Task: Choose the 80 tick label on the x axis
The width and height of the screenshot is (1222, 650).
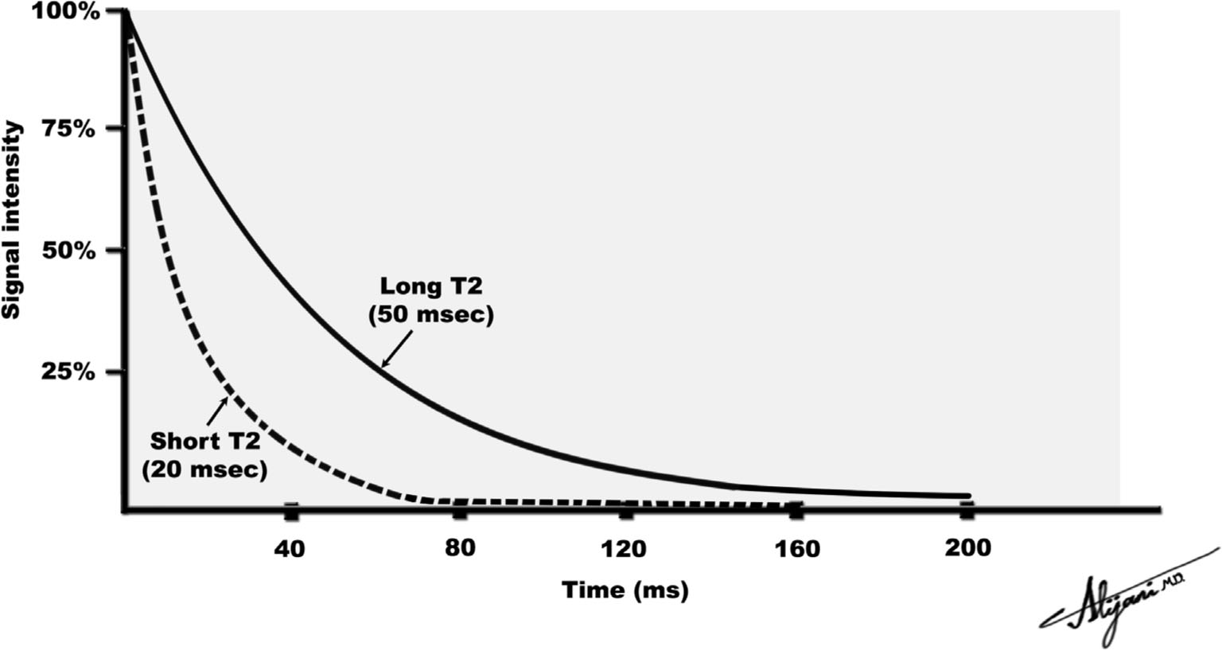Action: coord(460,549)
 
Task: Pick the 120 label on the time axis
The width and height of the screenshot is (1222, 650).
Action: coord(627,549)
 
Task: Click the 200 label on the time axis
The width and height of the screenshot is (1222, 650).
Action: coord(967,549)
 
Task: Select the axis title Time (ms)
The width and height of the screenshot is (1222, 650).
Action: coord(625,590)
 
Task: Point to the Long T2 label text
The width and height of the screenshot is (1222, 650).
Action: coord(430,286)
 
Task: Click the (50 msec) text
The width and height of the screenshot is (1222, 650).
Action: coord(430,315)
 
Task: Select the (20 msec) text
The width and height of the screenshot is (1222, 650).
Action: coord(204,469)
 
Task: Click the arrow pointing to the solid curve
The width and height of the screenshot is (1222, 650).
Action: coord(397,350)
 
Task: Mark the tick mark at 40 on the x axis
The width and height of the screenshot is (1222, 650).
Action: coord(291,511)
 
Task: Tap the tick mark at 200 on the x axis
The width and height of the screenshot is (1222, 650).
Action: coord(967,510)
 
